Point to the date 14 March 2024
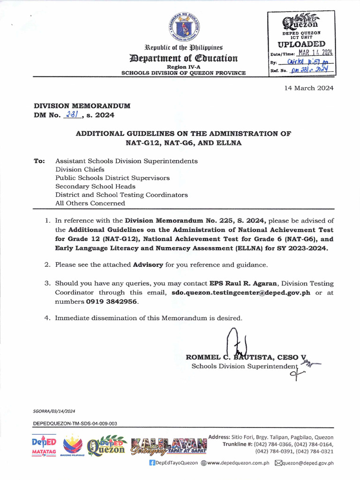[x=309, y=88]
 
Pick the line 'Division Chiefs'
[x=80, y=169]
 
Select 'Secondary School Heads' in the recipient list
[x=95, y=186]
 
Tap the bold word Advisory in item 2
[x=148, y=264]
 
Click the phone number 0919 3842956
[x=112, y=301]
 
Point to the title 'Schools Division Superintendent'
[x=245, y=366]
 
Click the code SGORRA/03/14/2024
[x=54, y=411]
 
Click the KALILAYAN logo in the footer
[x=169, y=446]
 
